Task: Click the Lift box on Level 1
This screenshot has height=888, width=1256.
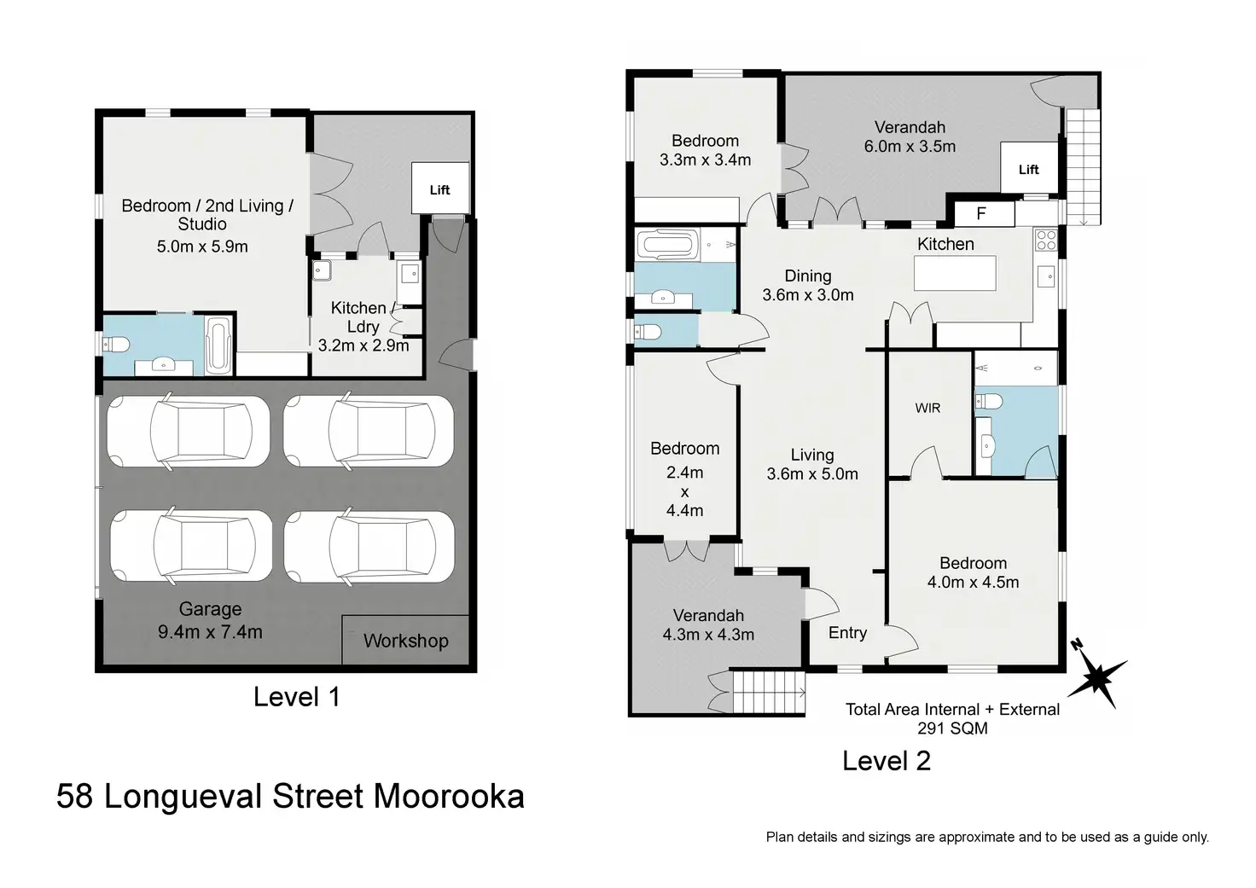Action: click(440, 189)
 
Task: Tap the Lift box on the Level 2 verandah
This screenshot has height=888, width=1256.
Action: click(1029, 168)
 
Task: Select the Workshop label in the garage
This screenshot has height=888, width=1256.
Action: click(406, 641)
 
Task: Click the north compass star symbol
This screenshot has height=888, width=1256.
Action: click(1098, 679)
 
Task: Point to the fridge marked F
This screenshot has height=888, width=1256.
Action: click(980, 213)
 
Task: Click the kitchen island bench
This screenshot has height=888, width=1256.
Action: click(955, 273)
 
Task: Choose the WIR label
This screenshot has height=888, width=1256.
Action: click(927, 408)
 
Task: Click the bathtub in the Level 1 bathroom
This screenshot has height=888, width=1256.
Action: click(218, 345)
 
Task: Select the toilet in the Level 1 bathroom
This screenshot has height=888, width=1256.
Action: click(117, 345)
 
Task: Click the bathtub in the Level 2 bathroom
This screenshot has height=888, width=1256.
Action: click(667, 245)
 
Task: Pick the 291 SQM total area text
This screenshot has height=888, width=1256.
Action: click(952, 728)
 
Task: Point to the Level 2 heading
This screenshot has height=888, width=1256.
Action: click(887, 761)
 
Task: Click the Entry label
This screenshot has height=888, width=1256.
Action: click(847, 633)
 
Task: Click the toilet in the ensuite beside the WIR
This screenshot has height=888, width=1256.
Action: click(988, 402)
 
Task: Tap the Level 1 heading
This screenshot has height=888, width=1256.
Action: click(297, 697)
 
